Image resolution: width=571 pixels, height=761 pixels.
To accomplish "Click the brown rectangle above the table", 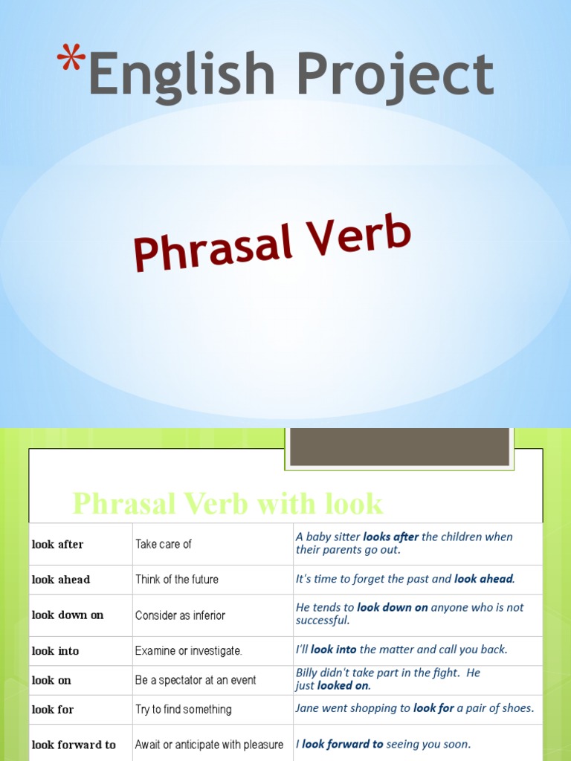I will pyautogui.click(x=399, y=447).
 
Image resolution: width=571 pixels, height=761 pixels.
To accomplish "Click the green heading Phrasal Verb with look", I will pyautogui.click(x=227, y=504).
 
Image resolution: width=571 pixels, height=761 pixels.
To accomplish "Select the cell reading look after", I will pyautogui.click(x=58, y=544).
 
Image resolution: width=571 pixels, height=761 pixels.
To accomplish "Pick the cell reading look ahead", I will pyautogui.click(x=61, y=579).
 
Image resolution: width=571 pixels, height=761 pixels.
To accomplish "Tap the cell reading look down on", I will pyautogui.click(x=68, y=615).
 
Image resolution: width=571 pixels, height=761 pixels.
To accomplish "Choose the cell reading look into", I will pyautogui.click(x=55, y=651).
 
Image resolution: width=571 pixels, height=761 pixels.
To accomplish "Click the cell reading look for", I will pyautogui.click(x=53, y=710).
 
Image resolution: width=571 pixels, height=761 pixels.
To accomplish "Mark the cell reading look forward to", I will pyautogui.click(x=74, y=745).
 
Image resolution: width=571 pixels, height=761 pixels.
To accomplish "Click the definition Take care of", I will pyautogui.click(x=164, y=544).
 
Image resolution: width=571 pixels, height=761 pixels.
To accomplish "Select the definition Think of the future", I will pyautogui.click(x=177, y=579).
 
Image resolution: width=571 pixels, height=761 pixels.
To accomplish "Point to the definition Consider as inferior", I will pyautogui.click(x=180, y=615).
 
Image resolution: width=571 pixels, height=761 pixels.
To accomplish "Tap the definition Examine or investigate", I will pyautogui.click(x=189, y=651).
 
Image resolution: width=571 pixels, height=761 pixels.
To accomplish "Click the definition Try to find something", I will pyautogui.click(x=184, y=710).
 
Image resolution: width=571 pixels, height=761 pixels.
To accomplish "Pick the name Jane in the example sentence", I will pyautogui.click(x=307, y=708).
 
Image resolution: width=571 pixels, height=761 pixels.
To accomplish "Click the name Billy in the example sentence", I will pyautogui.click(x=308, y=673).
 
